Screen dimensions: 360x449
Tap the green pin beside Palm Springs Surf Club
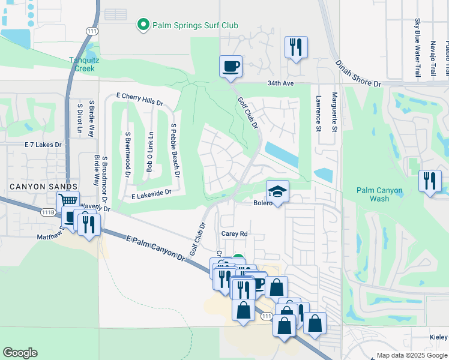click(x=143, y=25)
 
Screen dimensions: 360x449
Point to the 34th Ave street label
click(x=280, y=83)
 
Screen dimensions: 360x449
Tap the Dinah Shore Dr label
click(x=358, y=71)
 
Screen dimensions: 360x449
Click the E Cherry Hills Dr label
click(x=139, y=99)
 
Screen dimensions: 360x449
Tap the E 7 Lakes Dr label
click(x=43, y=145)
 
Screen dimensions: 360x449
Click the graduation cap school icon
click(x=277, y=191)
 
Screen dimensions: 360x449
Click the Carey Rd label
click(x=234, y=234)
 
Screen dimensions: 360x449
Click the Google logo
click(x=20, y=353)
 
